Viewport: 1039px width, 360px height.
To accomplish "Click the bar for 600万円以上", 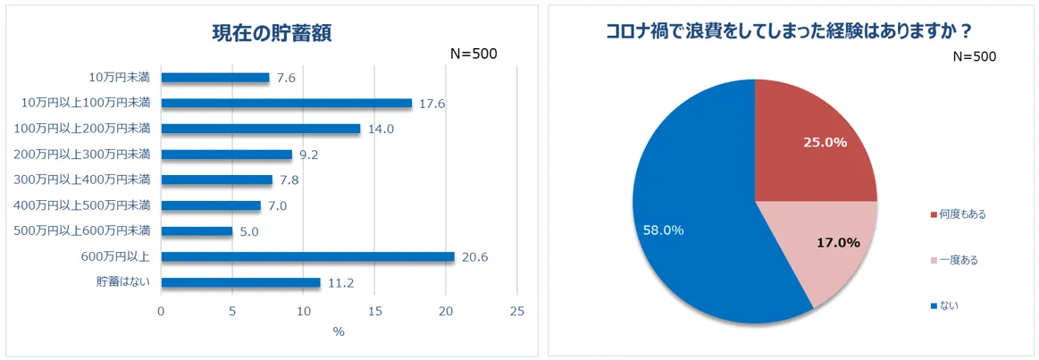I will [307, 257].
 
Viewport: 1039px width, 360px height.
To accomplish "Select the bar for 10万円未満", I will [214, 78].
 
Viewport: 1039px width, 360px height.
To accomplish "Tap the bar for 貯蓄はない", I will [240, 283].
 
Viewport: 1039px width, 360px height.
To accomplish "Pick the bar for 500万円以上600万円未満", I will [197, 231].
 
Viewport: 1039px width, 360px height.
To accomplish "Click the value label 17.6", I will [432, 104].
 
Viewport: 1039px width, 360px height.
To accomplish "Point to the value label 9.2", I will [309, 155].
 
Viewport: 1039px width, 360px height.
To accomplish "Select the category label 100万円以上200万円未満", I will [81, 129].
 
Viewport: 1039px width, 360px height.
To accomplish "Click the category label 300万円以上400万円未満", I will [81, 180].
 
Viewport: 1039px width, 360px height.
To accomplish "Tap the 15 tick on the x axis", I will [374, 311].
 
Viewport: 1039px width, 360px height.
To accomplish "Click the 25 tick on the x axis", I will [516, 311].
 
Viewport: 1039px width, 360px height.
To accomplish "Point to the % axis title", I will [339, 331].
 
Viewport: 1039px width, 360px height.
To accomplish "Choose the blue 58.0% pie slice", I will [688, 223].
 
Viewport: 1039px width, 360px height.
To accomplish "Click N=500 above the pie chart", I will [974, 56].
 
